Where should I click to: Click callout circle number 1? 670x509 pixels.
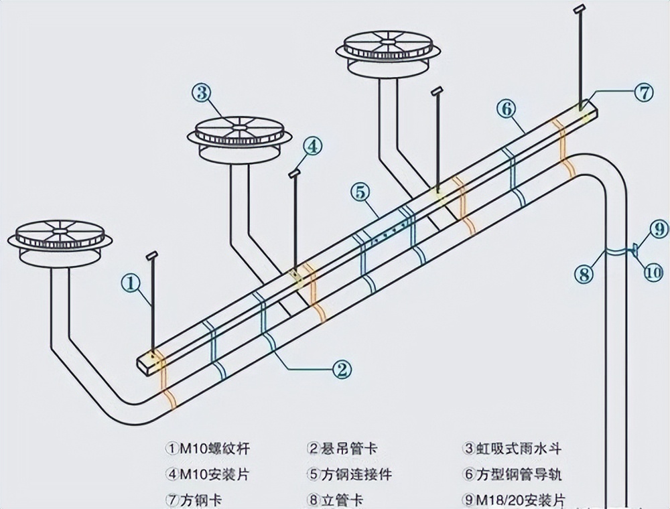tap(131, 283)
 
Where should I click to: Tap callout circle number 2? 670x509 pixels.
tap(342, 368)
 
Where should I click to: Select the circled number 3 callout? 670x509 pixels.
tap(202, 92)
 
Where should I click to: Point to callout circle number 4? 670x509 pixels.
tap(313, 146)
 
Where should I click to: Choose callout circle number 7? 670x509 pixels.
tap(643, 92)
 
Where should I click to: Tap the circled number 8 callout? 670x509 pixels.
tap(584, 273)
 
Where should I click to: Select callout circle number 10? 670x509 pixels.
tap(653, 273)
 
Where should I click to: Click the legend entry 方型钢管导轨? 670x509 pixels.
tap(519, 474)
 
